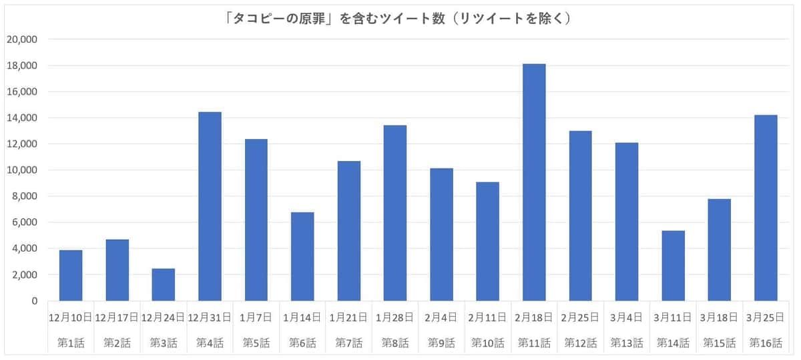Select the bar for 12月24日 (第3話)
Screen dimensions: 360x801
tap(163, 285)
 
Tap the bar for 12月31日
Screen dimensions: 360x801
tap(210, 206)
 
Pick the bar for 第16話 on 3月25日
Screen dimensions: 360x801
tap(766, 208)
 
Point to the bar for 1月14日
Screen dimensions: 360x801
tap(302, 256)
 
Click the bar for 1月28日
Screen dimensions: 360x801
tap(394, 213)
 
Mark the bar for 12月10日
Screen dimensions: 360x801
tap(71, 275)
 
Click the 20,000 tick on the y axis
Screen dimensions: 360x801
tap(22, 39)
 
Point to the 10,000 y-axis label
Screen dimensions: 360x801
tap(22, 170)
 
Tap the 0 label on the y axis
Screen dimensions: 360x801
tap(34, 301)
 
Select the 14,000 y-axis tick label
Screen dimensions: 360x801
tap(22, 118)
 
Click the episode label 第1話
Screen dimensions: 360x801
tap(71, 343)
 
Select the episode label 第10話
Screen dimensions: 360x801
tap(487, 343)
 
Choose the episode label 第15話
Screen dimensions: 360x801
tap(719, 343)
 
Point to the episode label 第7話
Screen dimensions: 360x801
tap(348, 343)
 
